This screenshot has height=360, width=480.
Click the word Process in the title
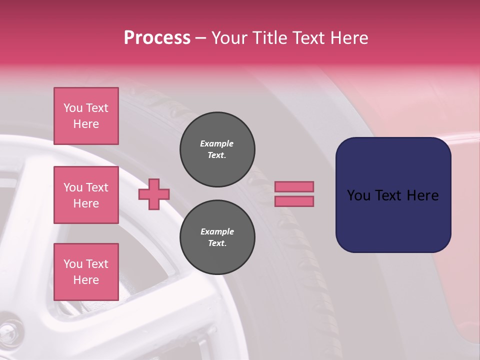tap(157, 38)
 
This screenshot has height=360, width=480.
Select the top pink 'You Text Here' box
tap(86, 116)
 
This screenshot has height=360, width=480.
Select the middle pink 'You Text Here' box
tap(86, 195)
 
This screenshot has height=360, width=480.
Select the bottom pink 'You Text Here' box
tap(86, 271)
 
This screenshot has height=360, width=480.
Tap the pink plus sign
tap(154, 193)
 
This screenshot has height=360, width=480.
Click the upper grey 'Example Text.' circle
tap(217, 149)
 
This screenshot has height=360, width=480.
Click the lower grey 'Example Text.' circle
tap(217, 237)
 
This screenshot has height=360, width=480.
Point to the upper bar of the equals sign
tap(294, 186)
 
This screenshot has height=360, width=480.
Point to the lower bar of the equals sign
tap(294, 201)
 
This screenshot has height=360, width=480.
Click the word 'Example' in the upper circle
tap(217, 143)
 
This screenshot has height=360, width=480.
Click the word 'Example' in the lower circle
tap(217, 231)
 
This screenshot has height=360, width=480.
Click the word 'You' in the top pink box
tap(72, 108)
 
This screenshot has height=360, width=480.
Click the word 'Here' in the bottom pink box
tap(86, 280)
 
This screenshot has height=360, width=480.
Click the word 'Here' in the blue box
tap(422, 195)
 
